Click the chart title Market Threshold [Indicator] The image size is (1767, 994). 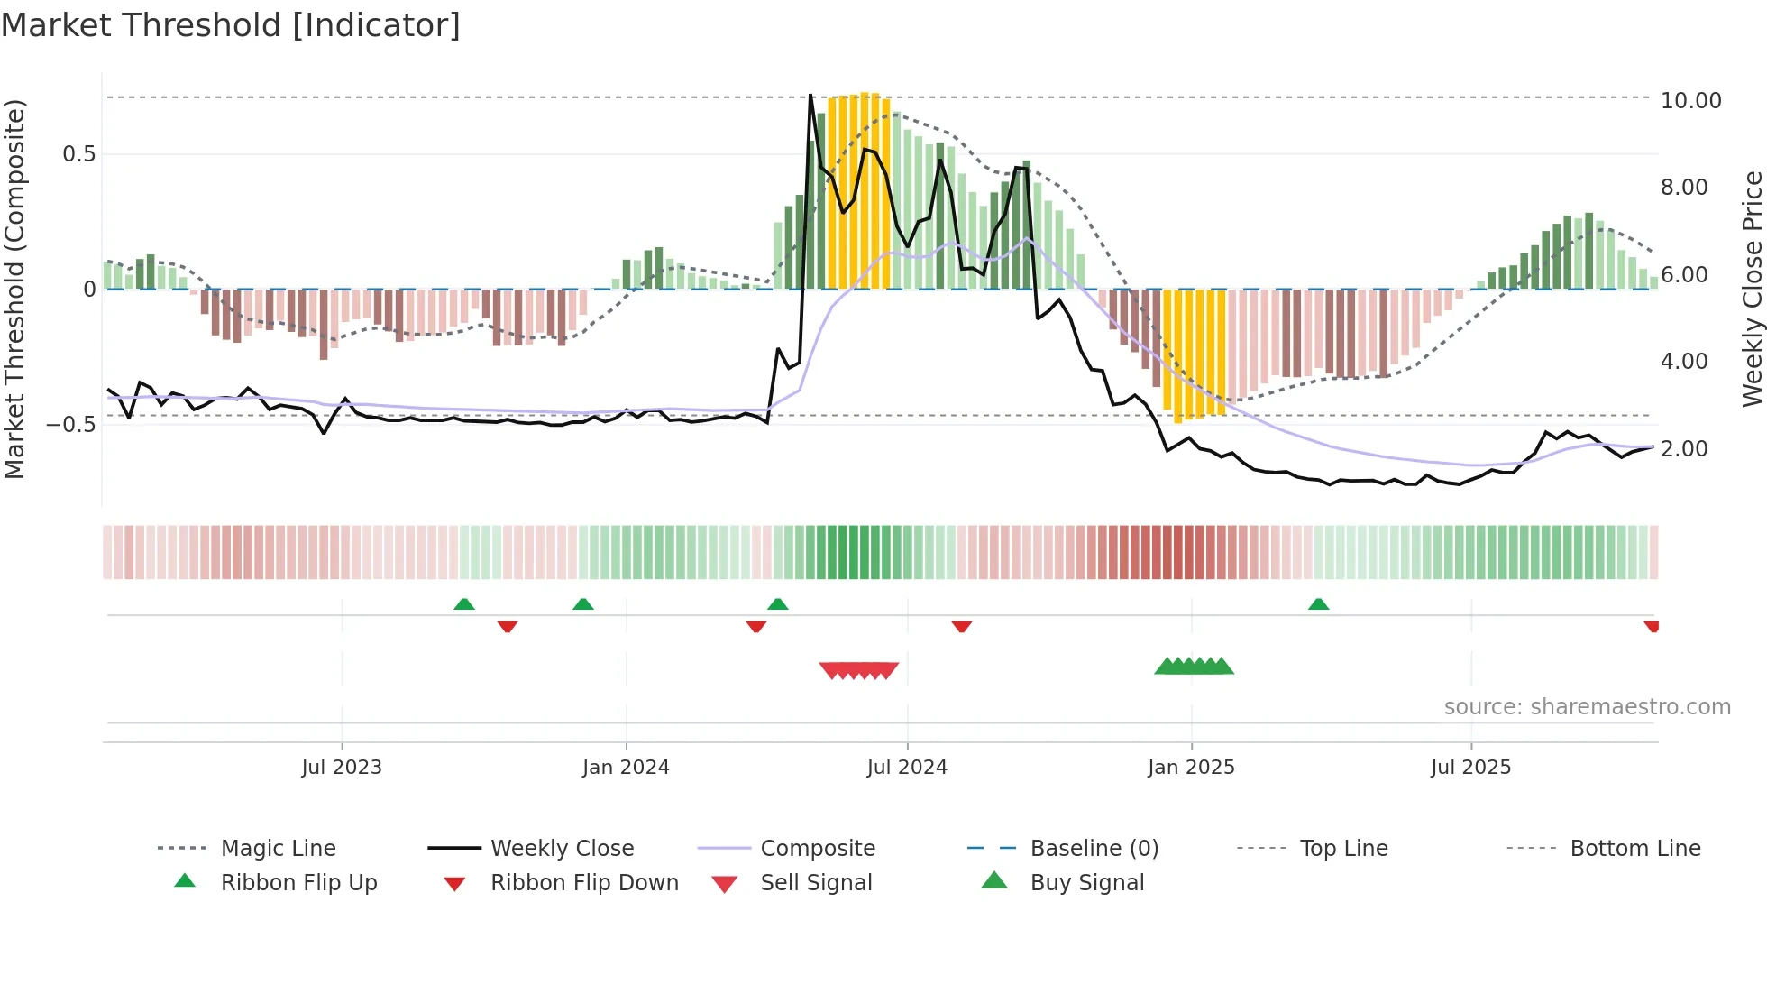point(231,25)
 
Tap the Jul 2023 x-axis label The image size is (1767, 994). point(342,768)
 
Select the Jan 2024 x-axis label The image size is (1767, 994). point(626,768)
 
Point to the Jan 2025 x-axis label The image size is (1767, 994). point(1191,768)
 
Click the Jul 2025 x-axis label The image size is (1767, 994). point(1470,768)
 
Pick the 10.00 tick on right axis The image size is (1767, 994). point(1690,101)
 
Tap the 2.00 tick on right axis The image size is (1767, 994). point(1683,449)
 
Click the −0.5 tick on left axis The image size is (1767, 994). point(71,425)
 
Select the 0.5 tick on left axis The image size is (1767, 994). point(78,154)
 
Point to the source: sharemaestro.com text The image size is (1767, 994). point(1587,707)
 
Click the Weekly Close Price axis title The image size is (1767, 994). point(1752,289)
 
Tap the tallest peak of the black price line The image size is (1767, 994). point(810,96)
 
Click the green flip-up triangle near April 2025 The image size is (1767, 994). point(1318,604)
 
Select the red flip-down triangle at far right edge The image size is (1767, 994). point(1652,626)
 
